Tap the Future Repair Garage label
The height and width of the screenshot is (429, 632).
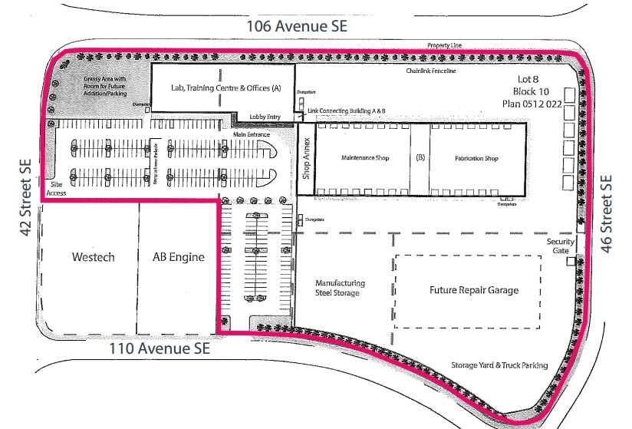click(473, 290)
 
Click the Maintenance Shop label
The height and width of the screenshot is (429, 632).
click(365, 159)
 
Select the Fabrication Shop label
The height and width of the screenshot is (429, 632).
click(476, 159)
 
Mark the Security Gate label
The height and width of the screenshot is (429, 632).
click(560, 246)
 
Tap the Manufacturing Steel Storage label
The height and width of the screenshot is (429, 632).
click(340, 288)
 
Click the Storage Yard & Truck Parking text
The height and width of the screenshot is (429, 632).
click(499, 365)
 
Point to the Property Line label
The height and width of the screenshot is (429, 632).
click(444, 46)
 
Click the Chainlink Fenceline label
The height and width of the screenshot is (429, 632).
click(431, 71)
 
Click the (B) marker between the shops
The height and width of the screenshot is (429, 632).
click(420, 159)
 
